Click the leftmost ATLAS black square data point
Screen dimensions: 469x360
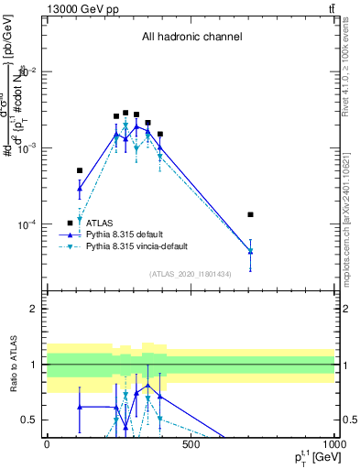point(80,170)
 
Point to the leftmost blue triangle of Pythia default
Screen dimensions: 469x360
point(80,189)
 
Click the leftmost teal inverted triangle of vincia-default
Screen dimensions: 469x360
point(80,220)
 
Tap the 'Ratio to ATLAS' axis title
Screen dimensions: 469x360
point(11,365)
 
